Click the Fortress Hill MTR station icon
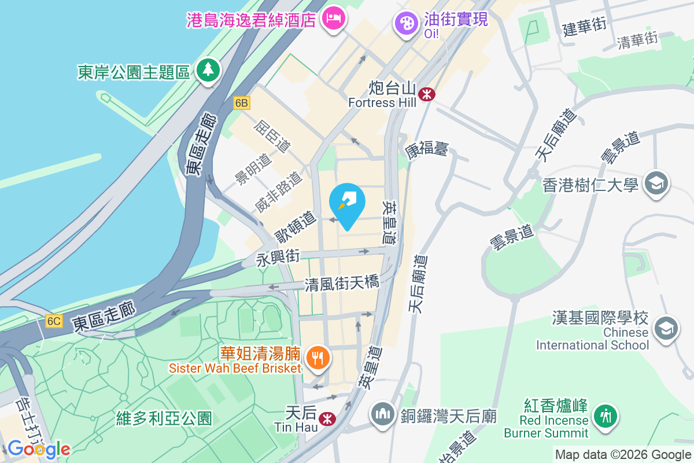(427, 93)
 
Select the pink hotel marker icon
(334, 19)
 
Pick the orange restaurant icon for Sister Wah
(317, 358)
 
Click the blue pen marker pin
(346, 202)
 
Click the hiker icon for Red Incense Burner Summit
(605, 416)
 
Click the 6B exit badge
(242, 103)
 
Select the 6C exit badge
(54, 321)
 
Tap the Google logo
(39, 449)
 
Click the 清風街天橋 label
(342, 283)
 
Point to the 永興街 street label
(278, 256)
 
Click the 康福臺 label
(427, 150)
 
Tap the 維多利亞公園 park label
(164, 417)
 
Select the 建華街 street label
(585, 27)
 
